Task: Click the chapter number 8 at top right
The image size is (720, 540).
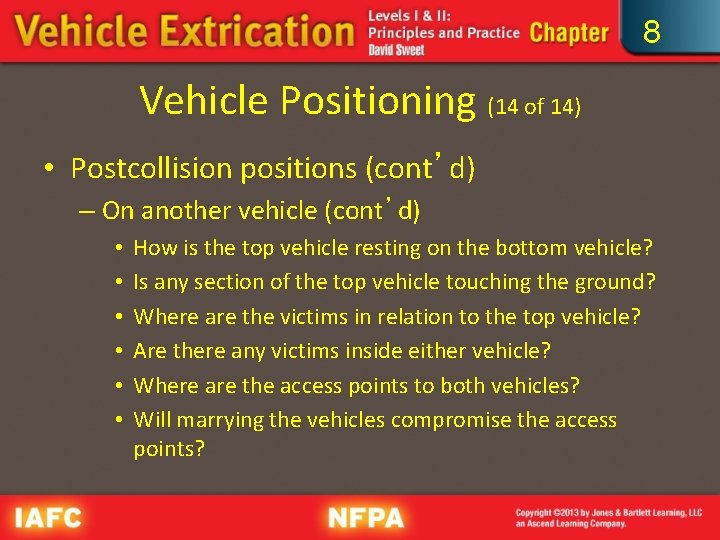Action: click(x=652, y=33)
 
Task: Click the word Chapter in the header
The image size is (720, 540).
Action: click(x=569, y=32)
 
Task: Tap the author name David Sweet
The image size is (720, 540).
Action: click(x=396, y=50)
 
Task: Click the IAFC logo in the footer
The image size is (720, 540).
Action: click(x=48, y=518)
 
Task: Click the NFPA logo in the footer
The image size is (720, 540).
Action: click(x=366, y=518)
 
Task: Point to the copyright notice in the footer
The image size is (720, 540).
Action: click(x=608, y=517)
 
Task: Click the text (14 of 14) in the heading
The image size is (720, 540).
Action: click(x=534, y=105)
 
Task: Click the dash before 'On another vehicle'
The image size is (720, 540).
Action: click(x=88, y=211)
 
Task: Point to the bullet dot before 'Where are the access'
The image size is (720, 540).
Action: click(x=118, y=386)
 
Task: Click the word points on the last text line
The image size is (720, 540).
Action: click(x=168, y=449)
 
